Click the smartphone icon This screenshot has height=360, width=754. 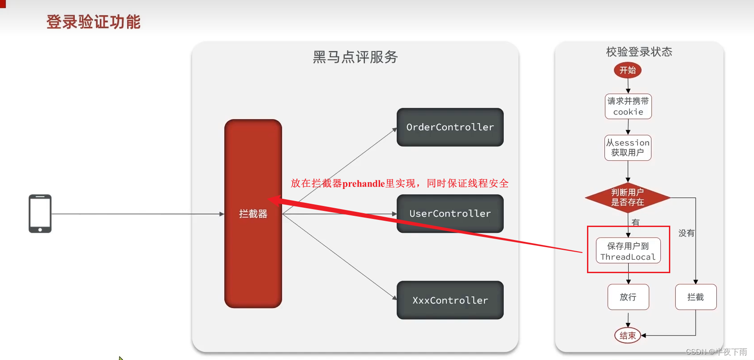click(40, 214)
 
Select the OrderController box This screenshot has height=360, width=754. click(450, 127)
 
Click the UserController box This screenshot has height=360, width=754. click(450, 214)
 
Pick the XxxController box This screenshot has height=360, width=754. click(450, 300)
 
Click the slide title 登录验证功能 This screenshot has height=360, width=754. click(94, 22)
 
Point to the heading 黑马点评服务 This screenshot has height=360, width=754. click(355, 57)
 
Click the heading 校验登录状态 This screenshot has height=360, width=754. click(639, 52)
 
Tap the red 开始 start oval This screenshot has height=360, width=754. click(628, 70)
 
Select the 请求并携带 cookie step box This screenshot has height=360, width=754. click(628, 107)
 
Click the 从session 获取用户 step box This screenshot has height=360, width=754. click(628, 148)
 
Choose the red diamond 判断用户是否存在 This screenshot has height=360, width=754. click(628, 197)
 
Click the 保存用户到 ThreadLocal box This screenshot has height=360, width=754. click(628, 251)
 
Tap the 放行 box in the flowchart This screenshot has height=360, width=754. click(628, 297)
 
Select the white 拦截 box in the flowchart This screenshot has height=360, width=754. click(695, 297)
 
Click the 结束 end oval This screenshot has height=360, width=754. click(628, 335)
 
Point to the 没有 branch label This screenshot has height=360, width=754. click(686, 233)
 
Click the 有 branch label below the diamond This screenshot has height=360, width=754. click(636, 222)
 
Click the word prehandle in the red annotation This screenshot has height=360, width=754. click(364, 184)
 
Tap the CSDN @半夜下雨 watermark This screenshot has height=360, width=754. click(716, 352)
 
